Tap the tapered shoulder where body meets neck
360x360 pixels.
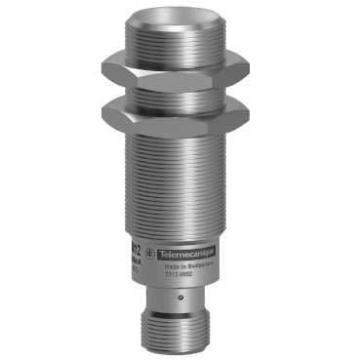[x=177, y=284]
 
